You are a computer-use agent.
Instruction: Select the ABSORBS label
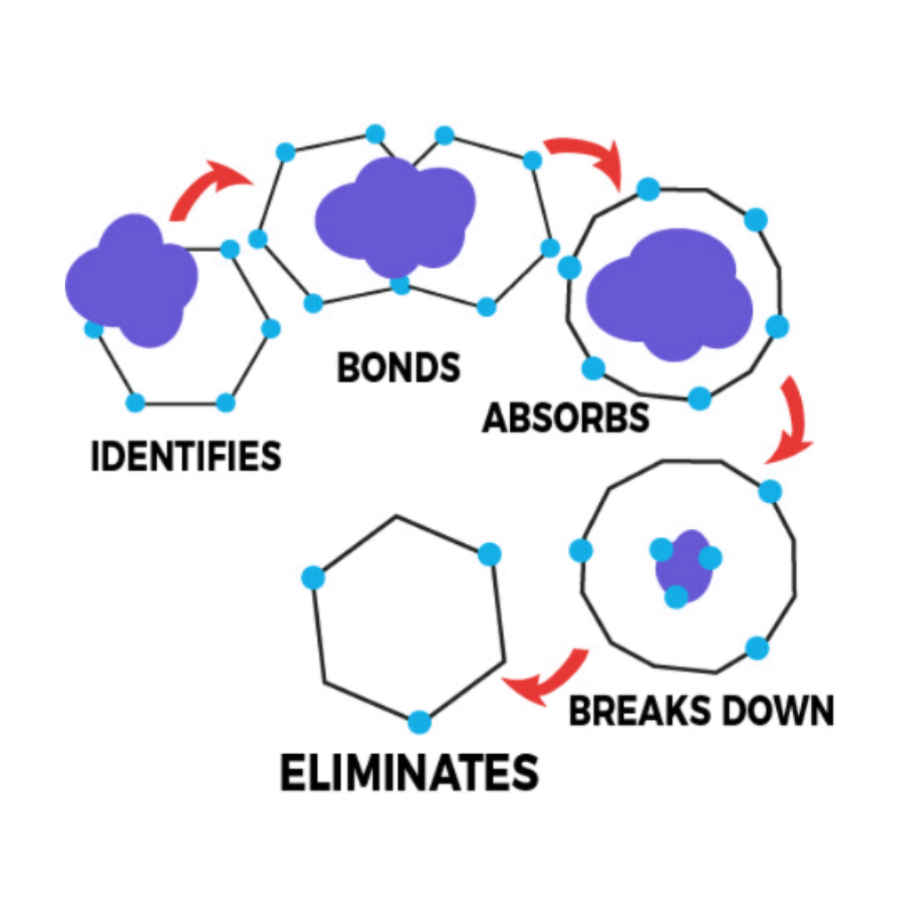pyautogui.click(x=566, y=417)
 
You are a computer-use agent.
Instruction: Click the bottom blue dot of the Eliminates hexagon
pyautogui.click(x=420, y=722)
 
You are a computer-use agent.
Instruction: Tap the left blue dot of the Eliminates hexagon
pyautogui.click(x=313, y=577)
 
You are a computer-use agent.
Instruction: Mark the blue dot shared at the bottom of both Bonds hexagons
pyautogui.click(x=400, y=284)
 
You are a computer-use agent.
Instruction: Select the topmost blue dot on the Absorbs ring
pyautogui.click(x=648, y=189)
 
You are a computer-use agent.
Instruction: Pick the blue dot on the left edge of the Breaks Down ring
pyautogui.click(x=581, y=551)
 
